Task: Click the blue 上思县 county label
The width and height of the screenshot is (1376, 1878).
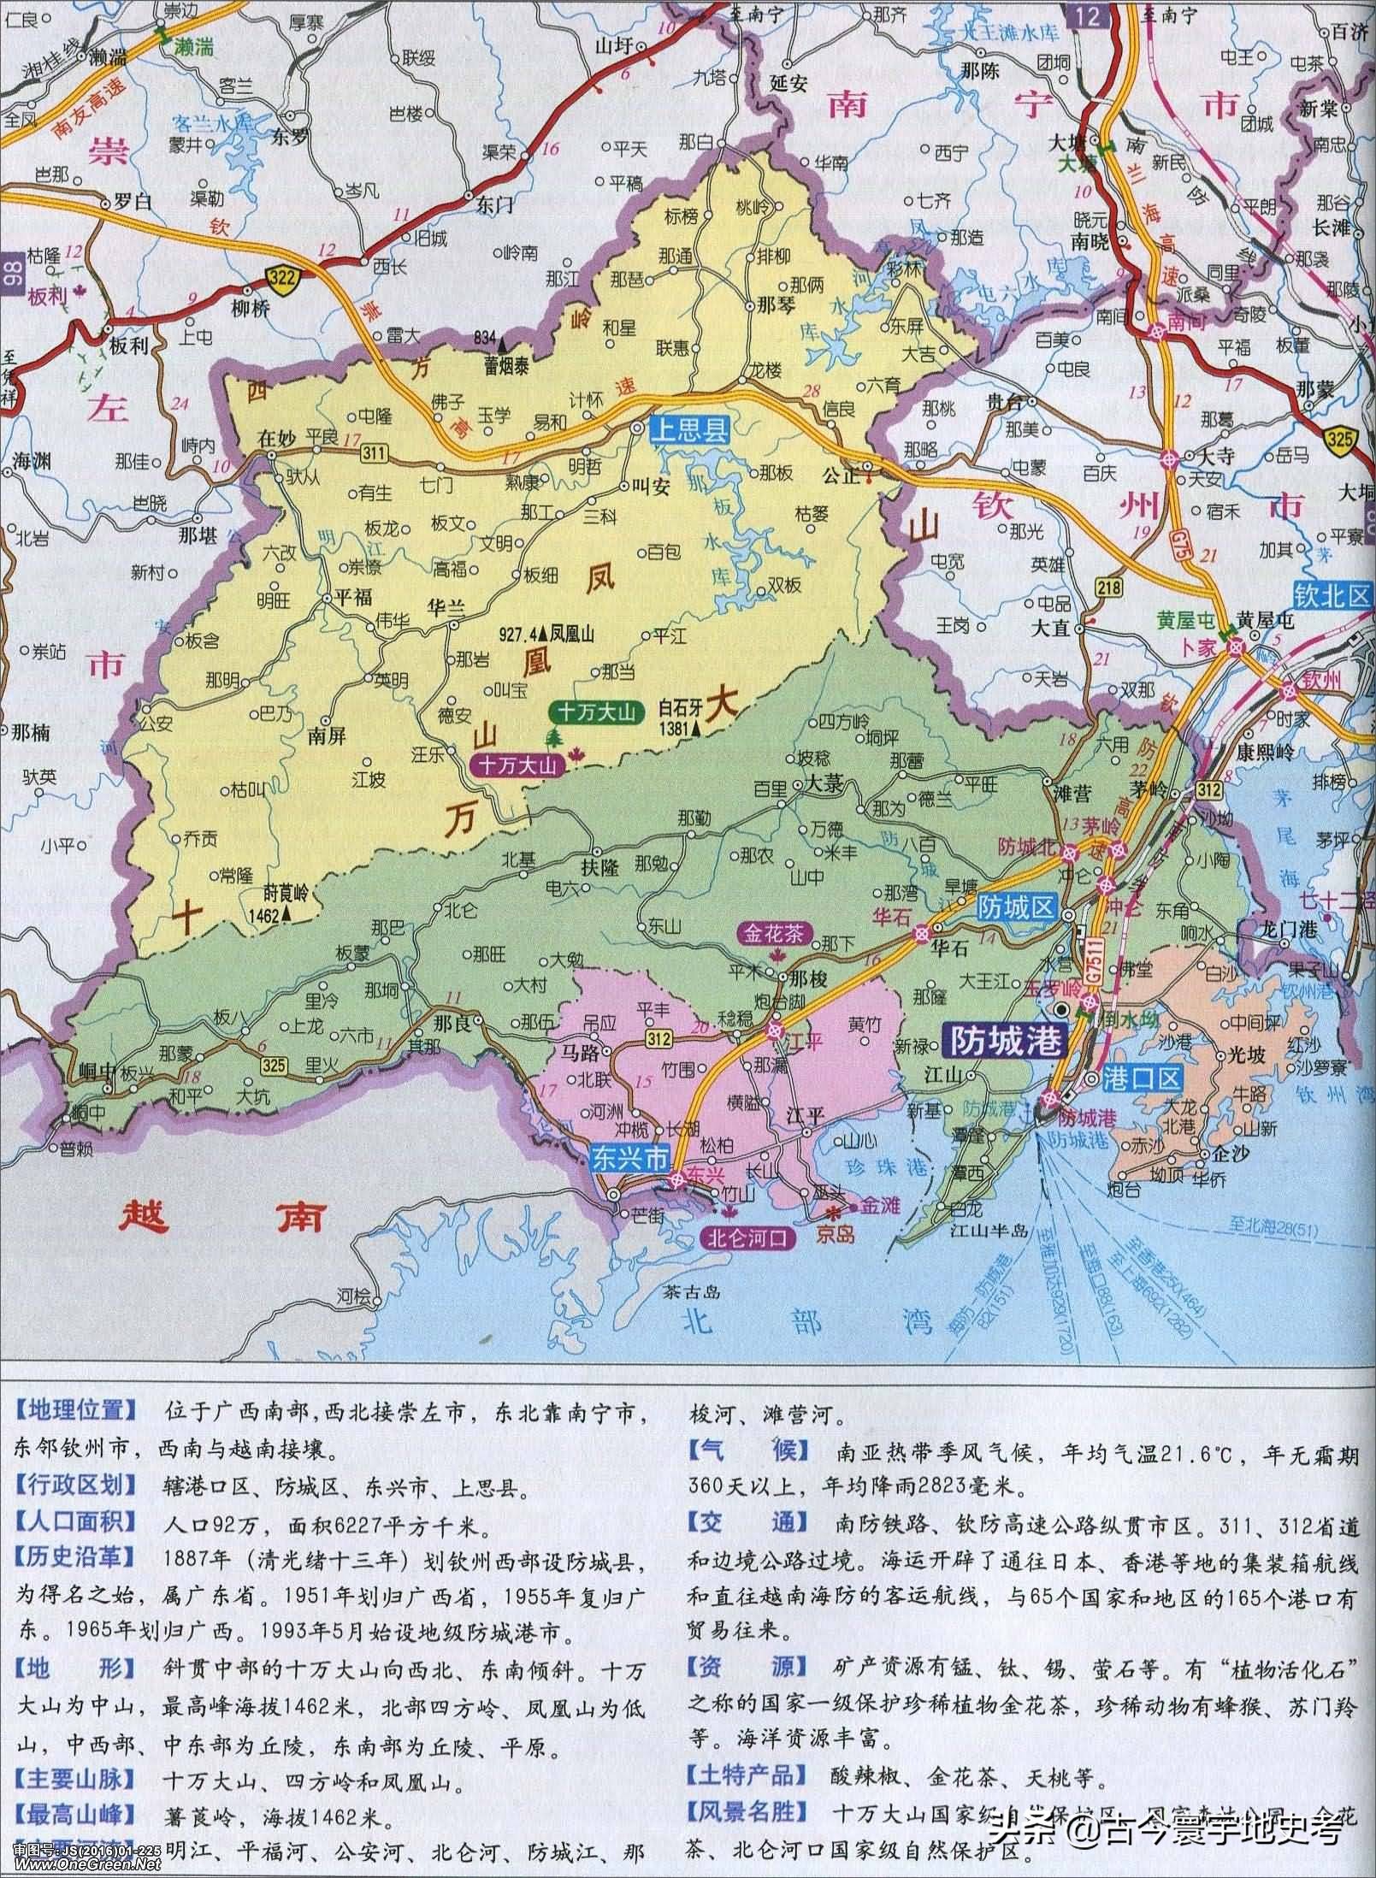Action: coord(689,431)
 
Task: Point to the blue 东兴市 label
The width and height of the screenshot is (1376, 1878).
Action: coord(628,1157)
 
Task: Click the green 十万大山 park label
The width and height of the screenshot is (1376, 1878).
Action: coord(596,712)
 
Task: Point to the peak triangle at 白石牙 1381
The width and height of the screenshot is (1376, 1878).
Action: coord(697,729)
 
